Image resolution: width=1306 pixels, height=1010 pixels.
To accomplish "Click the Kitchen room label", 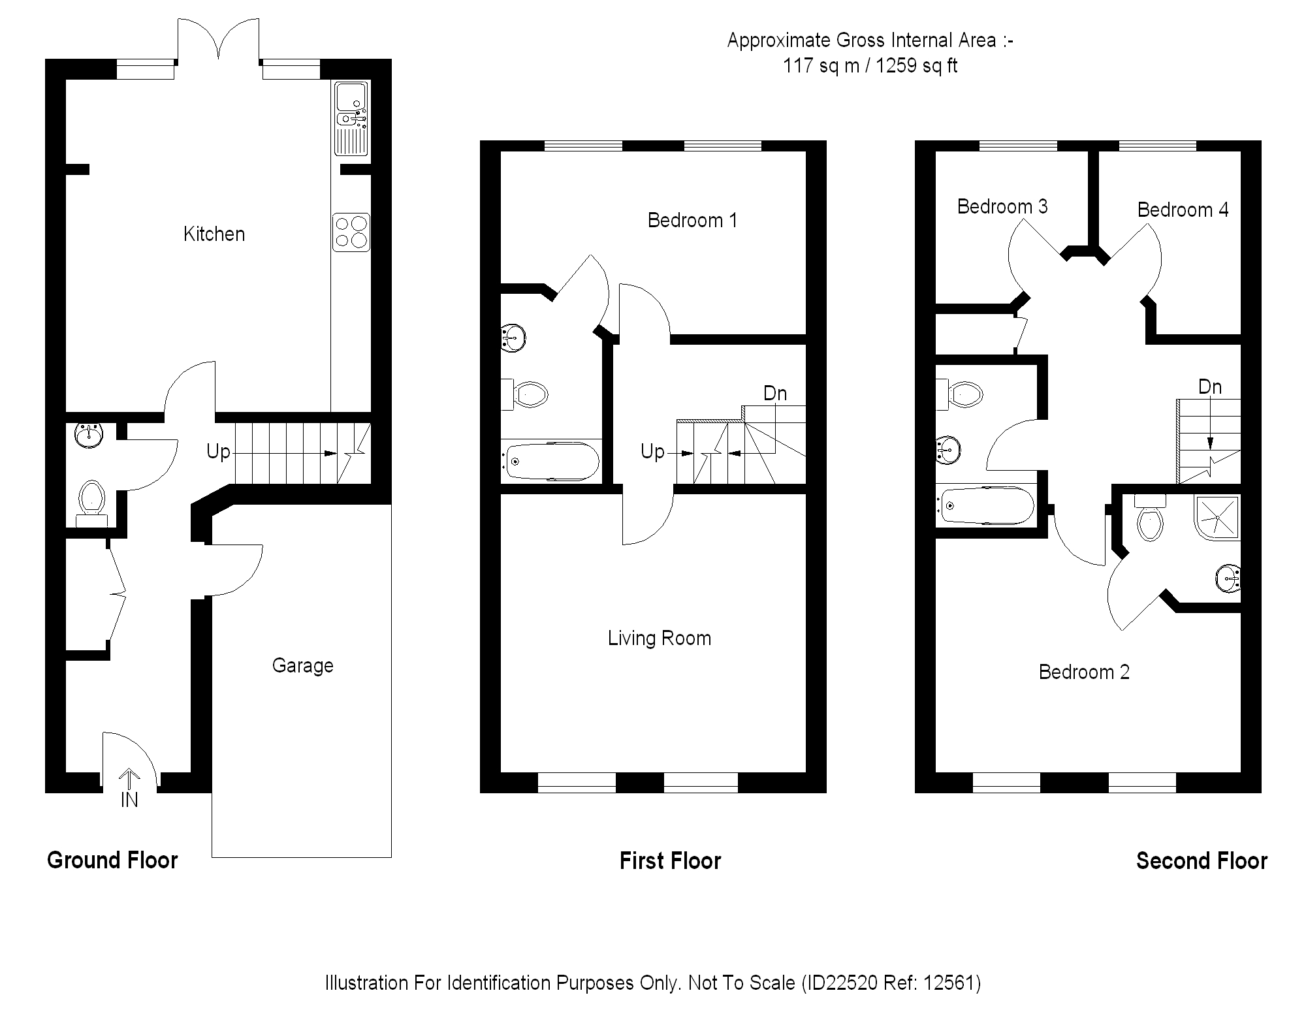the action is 214,234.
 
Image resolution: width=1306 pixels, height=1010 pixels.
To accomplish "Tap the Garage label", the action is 302,666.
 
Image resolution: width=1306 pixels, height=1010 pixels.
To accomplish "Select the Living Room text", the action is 660,638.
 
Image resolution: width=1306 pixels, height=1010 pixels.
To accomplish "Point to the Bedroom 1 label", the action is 692,220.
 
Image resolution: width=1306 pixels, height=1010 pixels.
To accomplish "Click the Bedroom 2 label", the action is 1084,672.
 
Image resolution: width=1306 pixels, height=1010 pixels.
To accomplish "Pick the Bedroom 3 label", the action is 1002,206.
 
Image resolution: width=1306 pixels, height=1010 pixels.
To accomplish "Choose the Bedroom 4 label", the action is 1183,210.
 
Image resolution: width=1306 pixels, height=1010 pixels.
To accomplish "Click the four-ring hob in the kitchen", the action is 351,232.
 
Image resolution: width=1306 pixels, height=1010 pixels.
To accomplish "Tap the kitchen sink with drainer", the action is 352,118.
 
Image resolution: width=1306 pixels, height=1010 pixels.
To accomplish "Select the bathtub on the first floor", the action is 550,461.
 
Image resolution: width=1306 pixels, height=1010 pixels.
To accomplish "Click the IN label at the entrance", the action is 129,800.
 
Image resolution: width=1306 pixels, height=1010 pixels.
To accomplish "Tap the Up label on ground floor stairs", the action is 218,451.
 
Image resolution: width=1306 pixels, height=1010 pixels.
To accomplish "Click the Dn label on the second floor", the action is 1210,387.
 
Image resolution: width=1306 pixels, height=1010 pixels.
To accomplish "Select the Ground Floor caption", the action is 112,860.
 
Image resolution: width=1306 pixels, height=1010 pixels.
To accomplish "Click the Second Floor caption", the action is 1202,860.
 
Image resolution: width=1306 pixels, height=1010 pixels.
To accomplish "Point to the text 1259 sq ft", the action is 916,66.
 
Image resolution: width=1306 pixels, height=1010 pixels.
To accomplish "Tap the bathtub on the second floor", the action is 985,505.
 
